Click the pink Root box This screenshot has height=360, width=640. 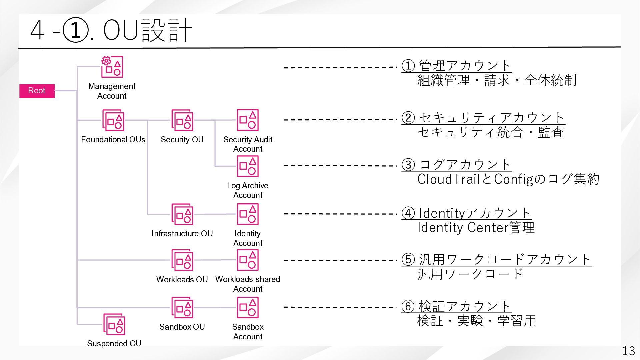37,91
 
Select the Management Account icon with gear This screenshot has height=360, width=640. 112,67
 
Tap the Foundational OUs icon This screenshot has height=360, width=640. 113,120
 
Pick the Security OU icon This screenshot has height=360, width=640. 182,120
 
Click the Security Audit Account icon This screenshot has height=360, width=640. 248,120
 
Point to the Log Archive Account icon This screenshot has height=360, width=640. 248,166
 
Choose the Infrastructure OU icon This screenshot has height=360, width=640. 182,214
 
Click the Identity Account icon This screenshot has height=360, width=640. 248,214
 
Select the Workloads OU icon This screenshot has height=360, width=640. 182,260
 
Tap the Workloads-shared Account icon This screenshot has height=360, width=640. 248,260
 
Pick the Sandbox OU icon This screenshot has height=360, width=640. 182,307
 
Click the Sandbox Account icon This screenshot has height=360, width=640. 248,307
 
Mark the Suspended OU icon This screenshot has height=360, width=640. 114,324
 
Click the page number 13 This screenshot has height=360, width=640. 628,351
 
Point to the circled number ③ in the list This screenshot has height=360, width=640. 408,165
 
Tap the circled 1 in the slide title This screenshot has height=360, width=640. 76,30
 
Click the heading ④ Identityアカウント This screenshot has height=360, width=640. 466,213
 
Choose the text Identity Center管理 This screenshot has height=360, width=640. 476,228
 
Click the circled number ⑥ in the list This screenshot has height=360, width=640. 408,306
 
